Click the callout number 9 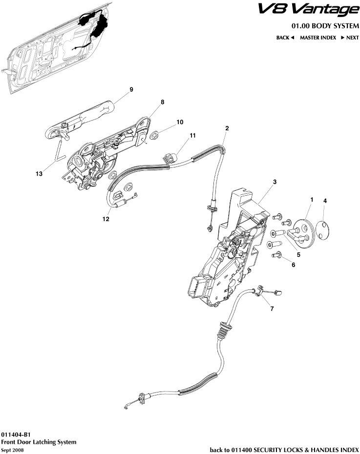(x=131, y=89)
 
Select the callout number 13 (x=39, y=173)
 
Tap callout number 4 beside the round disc (x=325, y=201)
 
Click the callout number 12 (x=106, y=219)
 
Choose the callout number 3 (x=275, y=182)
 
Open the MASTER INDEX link (x=318, y=38)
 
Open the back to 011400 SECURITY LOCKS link (x=284, y=450)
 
